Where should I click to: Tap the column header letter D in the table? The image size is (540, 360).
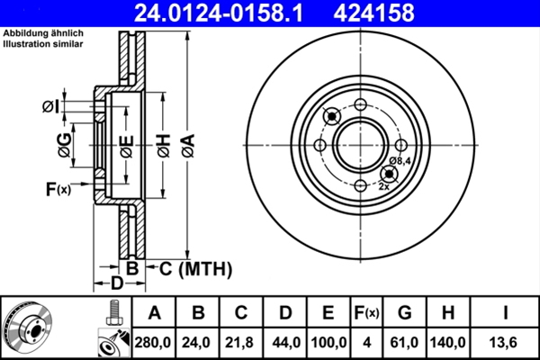(284, 313)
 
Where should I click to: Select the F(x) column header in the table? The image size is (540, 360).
(365, 313)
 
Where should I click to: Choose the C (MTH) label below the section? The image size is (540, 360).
(196, 268)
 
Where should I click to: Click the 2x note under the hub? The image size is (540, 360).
(384, 185)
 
